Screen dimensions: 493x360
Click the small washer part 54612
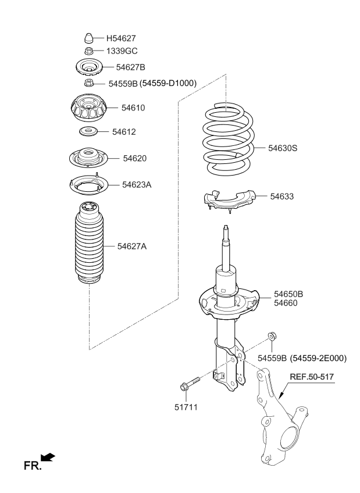click(88, 131)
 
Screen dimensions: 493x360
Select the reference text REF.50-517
click(312, 377)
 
